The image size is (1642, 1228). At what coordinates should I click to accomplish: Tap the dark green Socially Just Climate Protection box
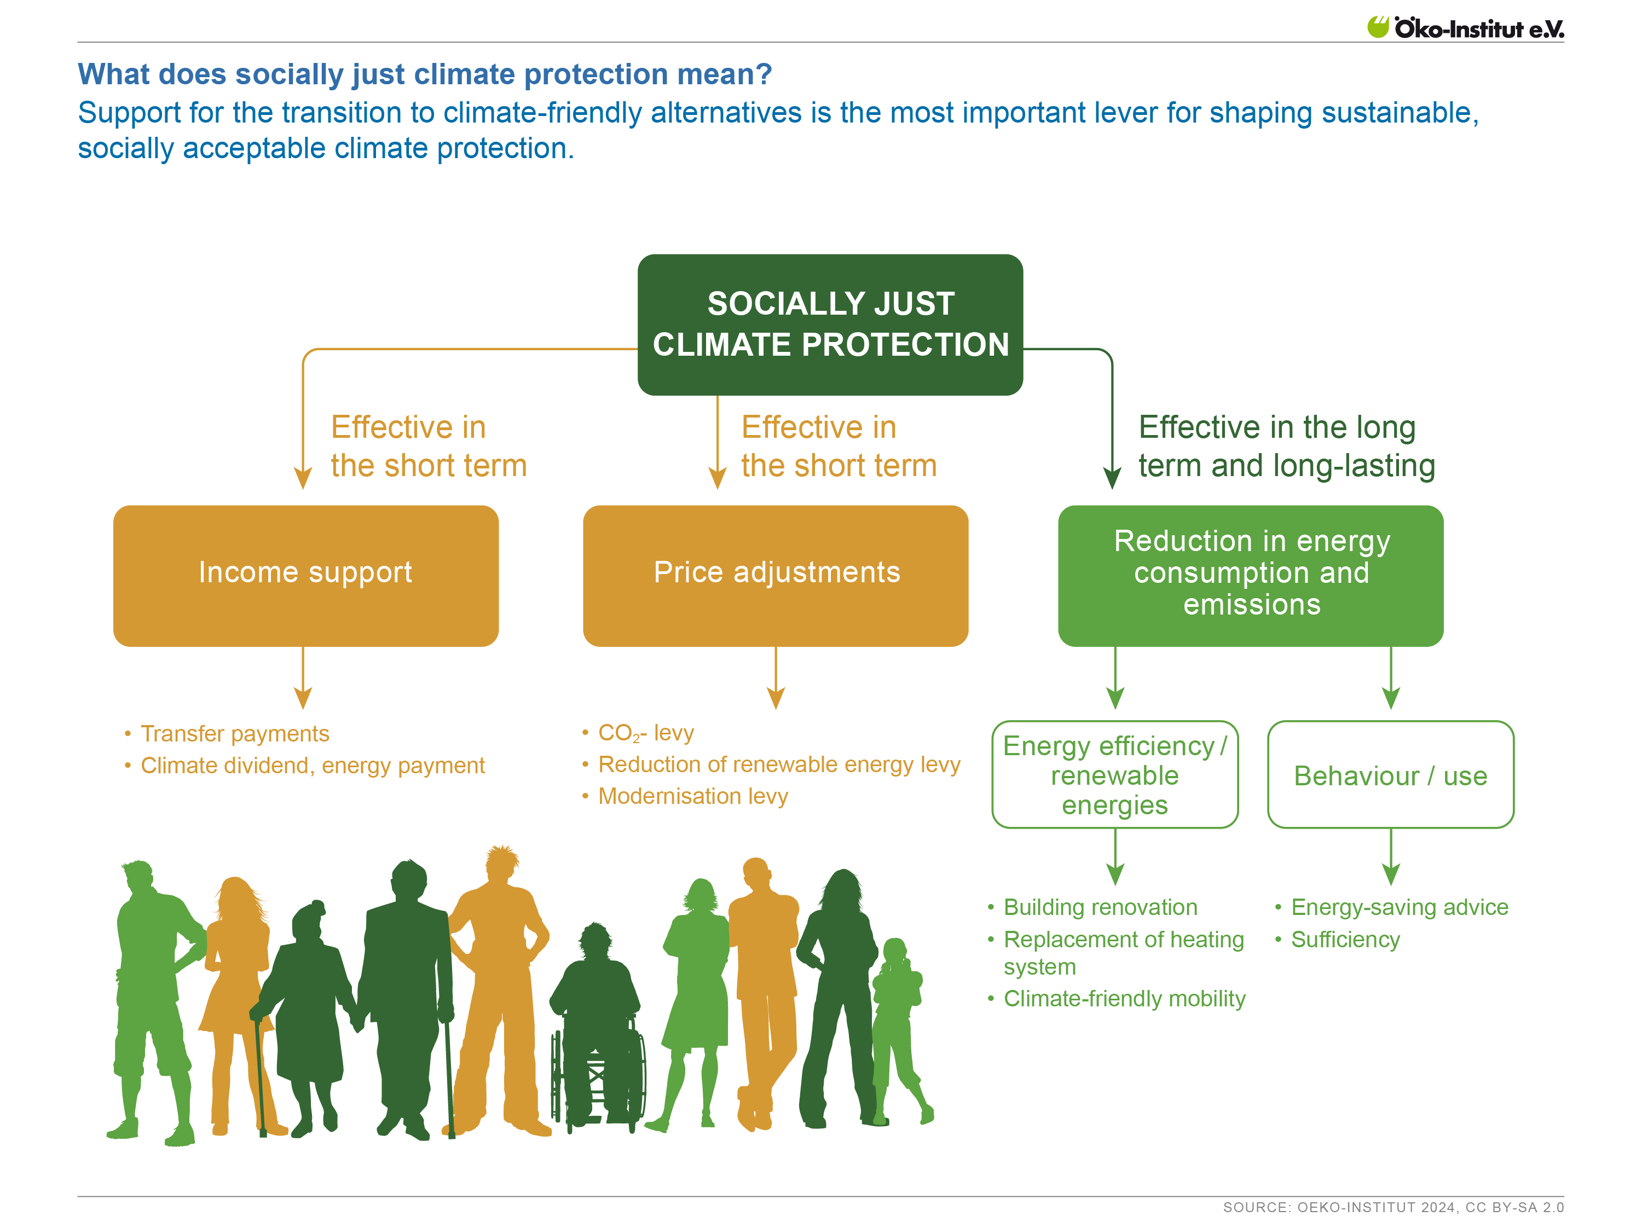(x=830, y=325)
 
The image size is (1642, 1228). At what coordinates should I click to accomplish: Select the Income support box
(x=305, y=575)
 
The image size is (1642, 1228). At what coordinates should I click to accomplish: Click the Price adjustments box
(x=776, y=575)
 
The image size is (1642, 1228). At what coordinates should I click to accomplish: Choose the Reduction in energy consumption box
(x=1251, y=575)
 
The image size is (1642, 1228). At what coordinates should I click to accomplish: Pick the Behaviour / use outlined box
(x=1390, y=775)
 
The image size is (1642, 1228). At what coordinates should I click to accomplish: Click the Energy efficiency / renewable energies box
(x=1114, y=775)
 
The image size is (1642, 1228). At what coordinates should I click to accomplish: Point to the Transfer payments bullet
(x=235, y=733)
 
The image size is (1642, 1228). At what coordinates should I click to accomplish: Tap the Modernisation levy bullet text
(x=692, y=796)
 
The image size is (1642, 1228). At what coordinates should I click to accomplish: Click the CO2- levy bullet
(x=645, y=733)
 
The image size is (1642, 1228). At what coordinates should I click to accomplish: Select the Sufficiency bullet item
(x=1345, y=940)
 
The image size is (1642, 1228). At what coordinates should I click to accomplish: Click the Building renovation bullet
(x=1100, y=907)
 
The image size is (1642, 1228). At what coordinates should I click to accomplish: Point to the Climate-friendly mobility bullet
(x=1124, y=999)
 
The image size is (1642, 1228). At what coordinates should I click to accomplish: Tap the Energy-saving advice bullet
(x=1400, y=907)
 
